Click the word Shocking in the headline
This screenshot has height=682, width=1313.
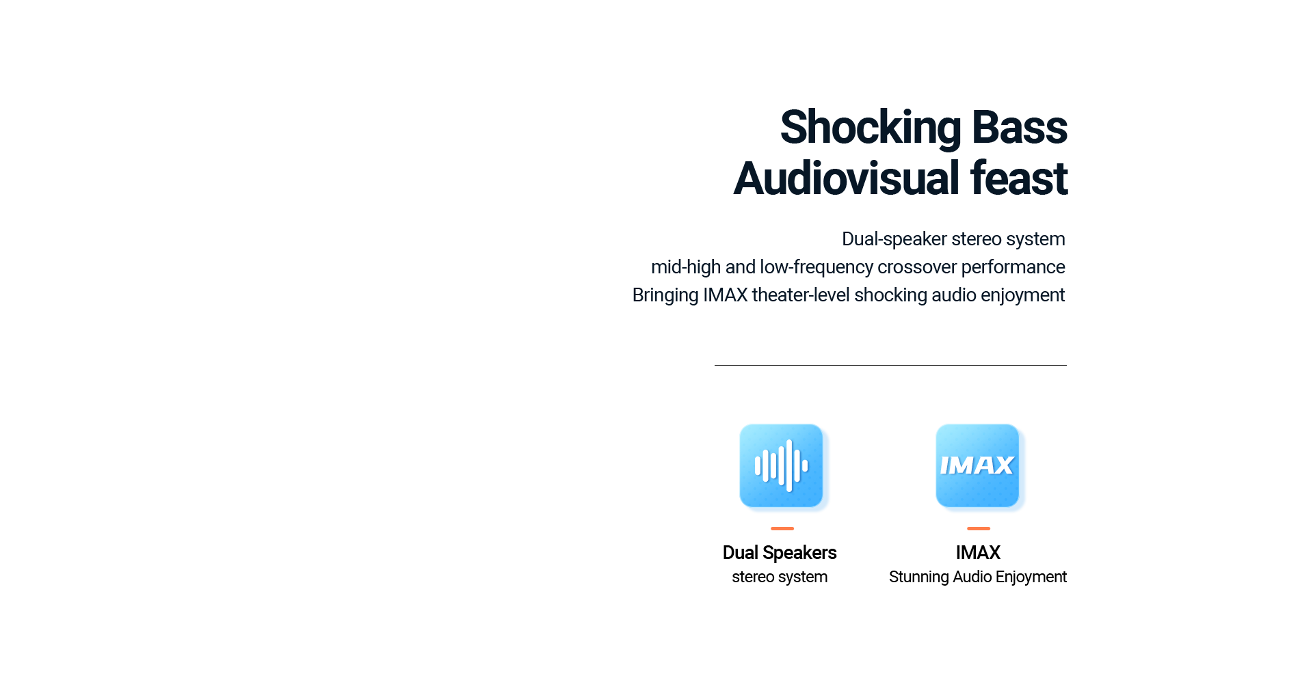(871, 128)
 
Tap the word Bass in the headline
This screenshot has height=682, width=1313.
(1019, 128)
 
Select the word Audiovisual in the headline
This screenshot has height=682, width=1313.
(847, 178)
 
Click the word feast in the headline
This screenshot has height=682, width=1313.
(1019, 178)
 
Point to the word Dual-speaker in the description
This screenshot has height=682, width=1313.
(894, 240)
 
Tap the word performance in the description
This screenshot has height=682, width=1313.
(1013, 268)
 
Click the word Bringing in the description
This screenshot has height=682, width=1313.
(665, 296)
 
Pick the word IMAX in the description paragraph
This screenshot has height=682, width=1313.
(726, 295)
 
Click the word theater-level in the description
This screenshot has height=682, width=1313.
(801, 295)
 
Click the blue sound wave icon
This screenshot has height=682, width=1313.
(781, 466)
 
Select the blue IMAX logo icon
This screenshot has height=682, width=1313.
(977, 466)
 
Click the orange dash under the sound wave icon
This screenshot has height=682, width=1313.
(782, 528)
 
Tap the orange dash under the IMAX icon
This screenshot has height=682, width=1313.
(979, 528)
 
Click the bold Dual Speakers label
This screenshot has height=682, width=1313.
(780, 553)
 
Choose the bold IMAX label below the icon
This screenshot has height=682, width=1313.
(978, 552)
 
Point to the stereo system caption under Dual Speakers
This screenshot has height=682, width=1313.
(780, 577)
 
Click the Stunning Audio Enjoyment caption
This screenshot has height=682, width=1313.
(978, 577)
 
